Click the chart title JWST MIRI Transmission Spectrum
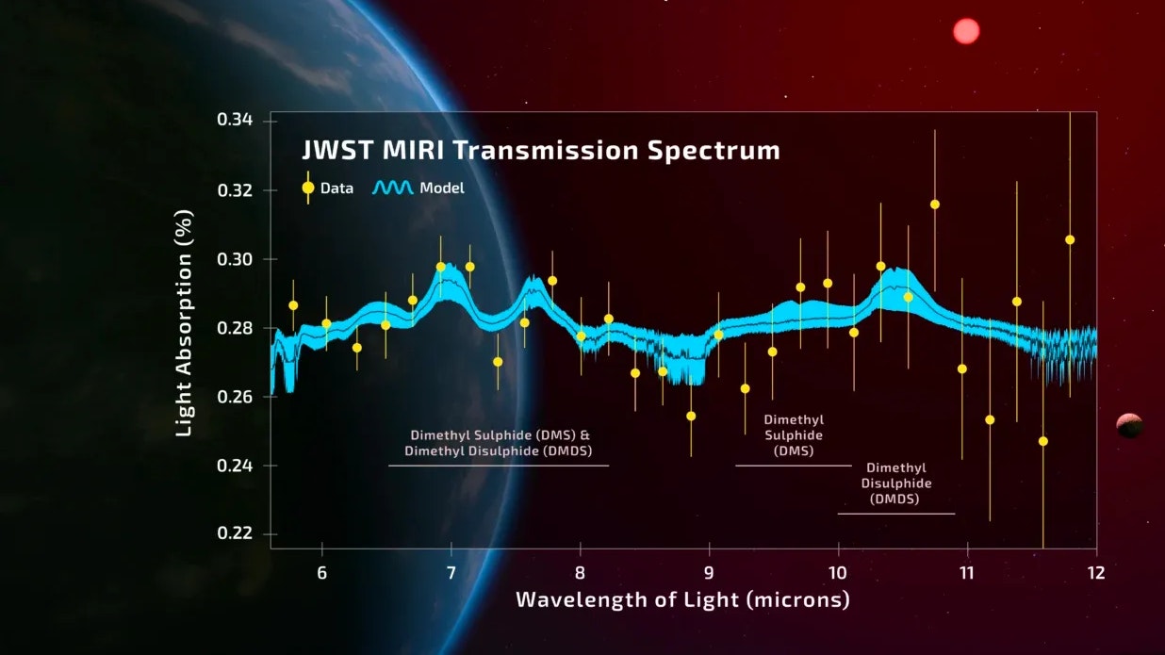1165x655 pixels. click(x=540, y=151)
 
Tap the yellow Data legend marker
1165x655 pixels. click(x=308, y=188)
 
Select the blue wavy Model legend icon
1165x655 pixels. click(x=393, y=188)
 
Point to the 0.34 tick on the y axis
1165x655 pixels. click(x=235, y=120)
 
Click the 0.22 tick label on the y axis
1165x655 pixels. click(x=235, y=533)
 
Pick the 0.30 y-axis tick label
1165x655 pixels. click(x=235, y=258)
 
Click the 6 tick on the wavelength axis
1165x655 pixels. click(x=322, y=573)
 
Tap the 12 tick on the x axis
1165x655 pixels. click(x=1095, y=573)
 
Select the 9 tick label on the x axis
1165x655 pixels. click(x=709, y=573)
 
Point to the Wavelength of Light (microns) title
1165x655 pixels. click(x=682, y=599)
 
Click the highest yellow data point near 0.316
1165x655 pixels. click(x=935, y=205)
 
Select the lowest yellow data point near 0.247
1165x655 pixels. click(x=1042, y=441)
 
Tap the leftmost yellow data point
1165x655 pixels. click(x=293, y=305)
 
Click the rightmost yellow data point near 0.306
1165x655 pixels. click(x=1070, y=239)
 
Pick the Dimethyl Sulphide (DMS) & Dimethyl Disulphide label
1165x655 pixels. click(x=500, y=443)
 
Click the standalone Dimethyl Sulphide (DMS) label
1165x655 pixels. click(x=794, y=435)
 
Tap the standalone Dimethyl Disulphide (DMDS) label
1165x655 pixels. click(x=895, y=483)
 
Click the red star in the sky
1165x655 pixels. click(x=966, y=31)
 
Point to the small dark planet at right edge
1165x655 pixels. click(x=1129, y=426)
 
